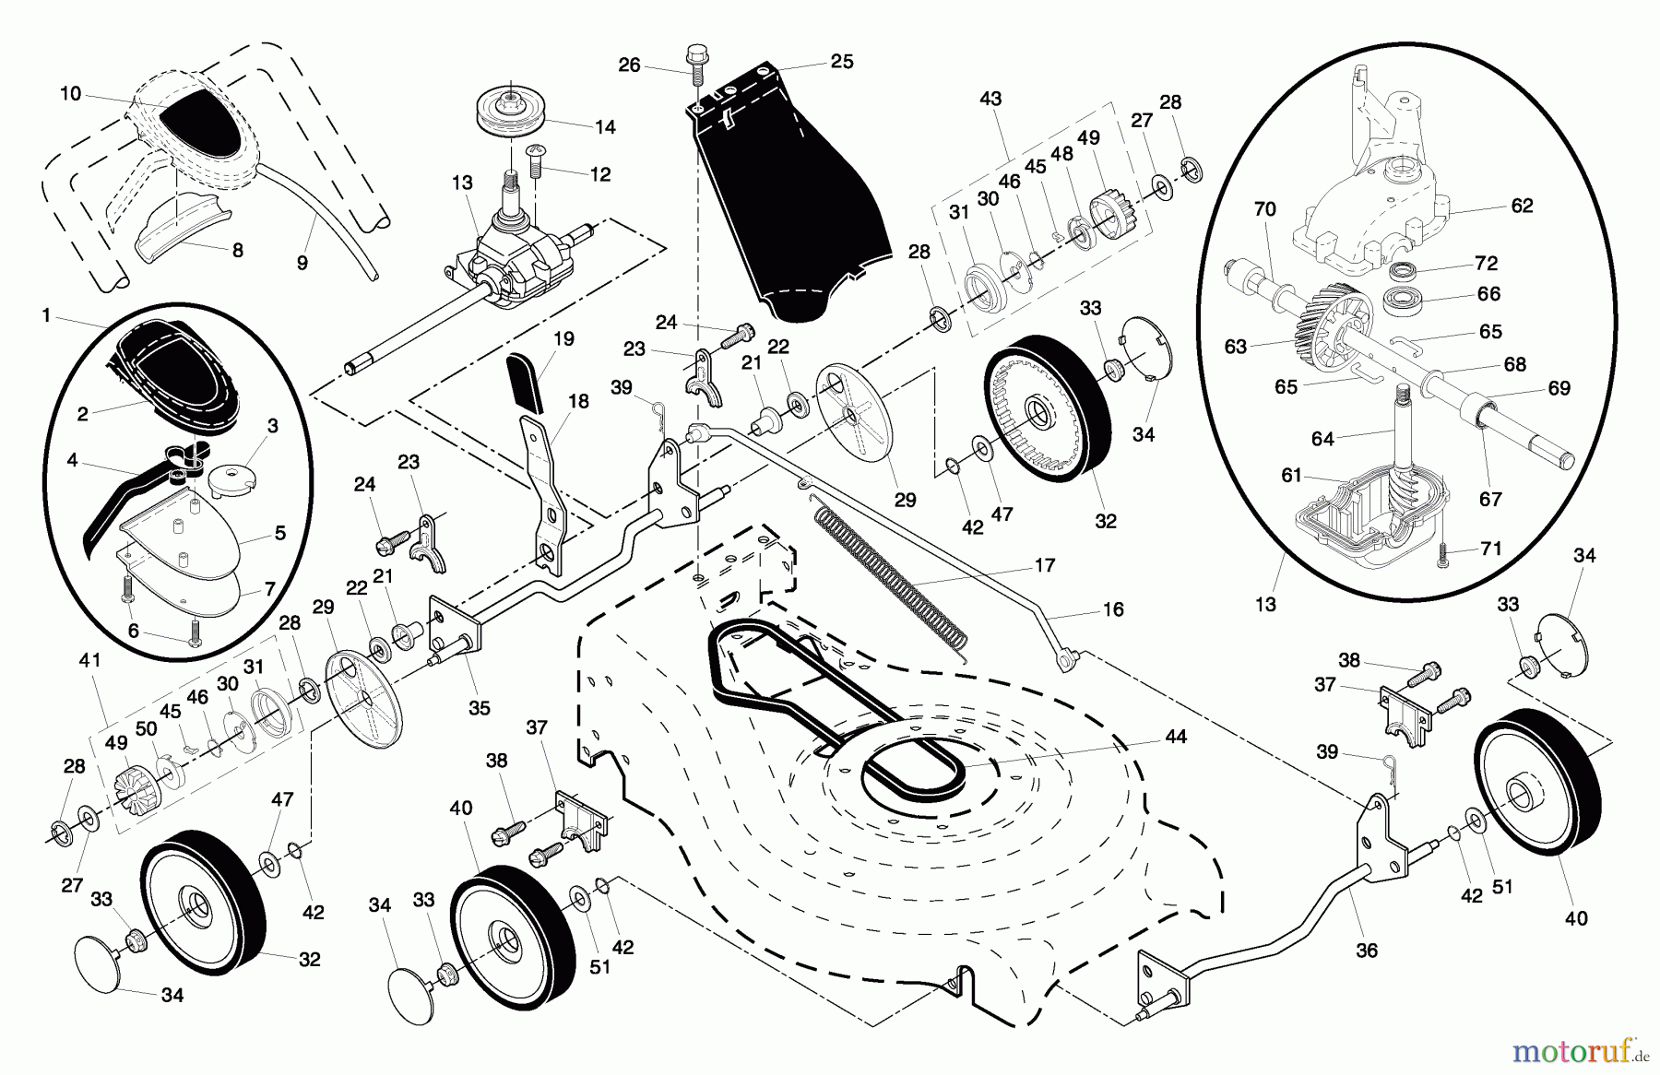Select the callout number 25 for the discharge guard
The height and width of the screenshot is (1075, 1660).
click(842, 62)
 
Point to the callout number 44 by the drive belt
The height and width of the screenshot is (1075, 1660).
click(1175, 737)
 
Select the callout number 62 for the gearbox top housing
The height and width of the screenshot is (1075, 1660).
click(1522, 206)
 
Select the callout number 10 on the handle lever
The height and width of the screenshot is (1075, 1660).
click(71, 93)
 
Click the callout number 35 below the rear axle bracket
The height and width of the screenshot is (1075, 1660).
click(479, 708)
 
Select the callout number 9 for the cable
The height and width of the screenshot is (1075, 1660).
click(302, 263)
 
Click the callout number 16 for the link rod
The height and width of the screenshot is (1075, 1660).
click(1113, 609)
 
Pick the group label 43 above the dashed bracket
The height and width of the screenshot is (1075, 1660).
click(990, 98)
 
